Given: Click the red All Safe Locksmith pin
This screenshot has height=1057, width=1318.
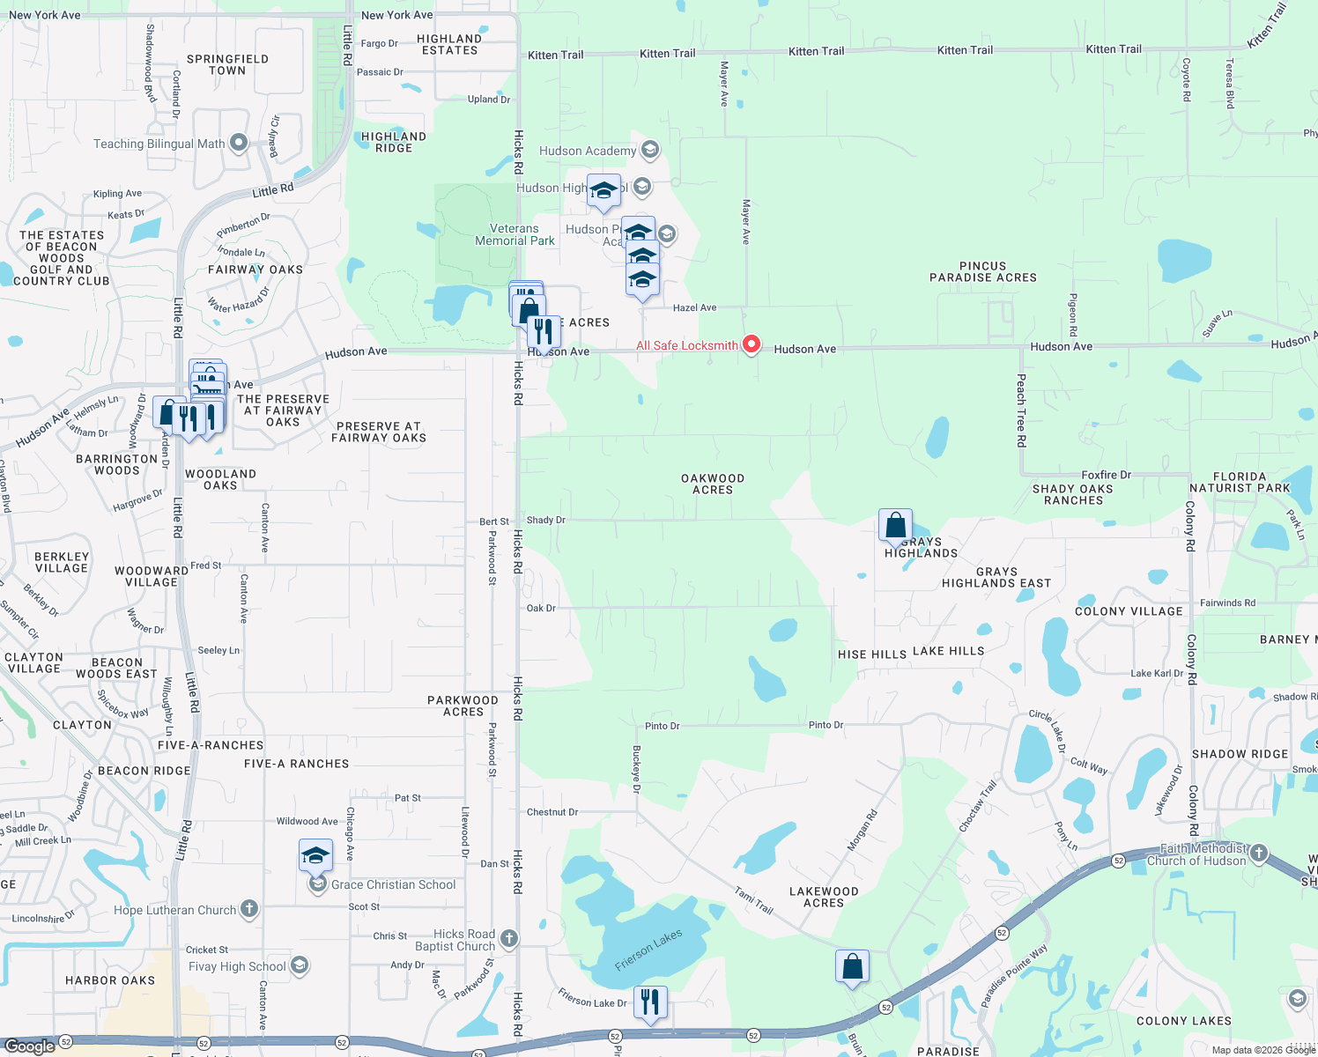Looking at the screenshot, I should (x=752, y=344).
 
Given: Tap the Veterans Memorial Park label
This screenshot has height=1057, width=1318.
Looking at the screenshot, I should (x=515, y=234).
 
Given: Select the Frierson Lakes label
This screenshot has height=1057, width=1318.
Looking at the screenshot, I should (x=648, y=950).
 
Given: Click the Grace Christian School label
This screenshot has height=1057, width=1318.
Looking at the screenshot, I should (x=393, y=884).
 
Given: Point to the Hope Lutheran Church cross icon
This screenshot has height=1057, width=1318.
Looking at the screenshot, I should (x=249, y=909).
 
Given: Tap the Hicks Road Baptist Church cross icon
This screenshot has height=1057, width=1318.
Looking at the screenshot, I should (x=509, y=939).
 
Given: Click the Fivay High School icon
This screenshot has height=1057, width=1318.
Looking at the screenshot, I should (x=300, y=966).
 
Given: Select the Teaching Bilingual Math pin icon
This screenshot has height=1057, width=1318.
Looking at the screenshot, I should (x=238, y=143).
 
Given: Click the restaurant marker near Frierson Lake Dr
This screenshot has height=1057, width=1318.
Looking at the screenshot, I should (x=649, y=1002).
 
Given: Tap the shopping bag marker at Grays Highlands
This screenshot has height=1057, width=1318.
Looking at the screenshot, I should (x=895, y=526).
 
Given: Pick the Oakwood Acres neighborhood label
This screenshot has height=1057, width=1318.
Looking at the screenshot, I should (x=713, y=484).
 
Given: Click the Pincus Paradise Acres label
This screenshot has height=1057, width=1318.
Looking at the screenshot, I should (x=983, y=271).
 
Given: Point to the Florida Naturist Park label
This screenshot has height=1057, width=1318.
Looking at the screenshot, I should (x=1240, y=482).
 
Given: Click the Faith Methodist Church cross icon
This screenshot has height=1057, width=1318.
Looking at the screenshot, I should (x=1259, y=853).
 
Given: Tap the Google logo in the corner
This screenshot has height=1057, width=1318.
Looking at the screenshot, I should (x=30, y=1046).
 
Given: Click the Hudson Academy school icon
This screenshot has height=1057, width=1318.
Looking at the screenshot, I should (x=650, y=150).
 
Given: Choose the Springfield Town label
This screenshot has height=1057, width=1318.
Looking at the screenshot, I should (x=227, y=64).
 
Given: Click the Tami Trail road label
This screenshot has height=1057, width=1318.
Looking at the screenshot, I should (x=754, y=900).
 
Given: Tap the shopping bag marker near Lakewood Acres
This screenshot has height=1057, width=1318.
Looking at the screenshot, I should (x=852, y=967).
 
